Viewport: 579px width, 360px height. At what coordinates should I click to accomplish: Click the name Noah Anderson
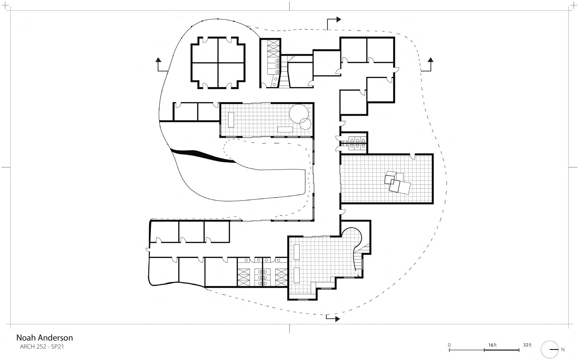[x=45, y=338]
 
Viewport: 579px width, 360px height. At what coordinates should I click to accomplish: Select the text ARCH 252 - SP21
[x=42, y=347]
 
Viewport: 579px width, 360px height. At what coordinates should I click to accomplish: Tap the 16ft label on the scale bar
[x=492, y=345]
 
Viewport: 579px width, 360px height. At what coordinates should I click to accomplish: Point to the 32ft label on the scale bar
[x=527, y=345]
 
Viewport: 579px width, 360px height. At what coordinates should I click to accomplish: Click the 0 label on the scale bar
[x=449, y=345]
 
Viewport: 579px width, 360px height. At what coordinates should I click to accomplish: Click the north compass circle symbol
[x=550, y=349]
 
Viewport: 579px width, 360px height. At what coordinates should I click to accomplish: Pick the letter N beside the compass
[x=563, y=349]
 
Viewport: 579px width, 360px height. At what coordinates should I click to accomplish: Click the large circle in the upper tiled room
[x=299, y=114]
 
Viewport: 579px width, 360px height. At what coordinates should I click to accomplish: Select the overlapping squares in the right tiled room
[x=397, y=183]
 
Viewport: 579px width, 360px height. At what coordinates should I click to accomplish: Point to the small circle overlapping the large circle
[x=305, y=124]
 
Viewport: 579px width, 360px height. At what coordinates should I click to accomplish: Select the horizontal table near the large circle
[x=285, y=129]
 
